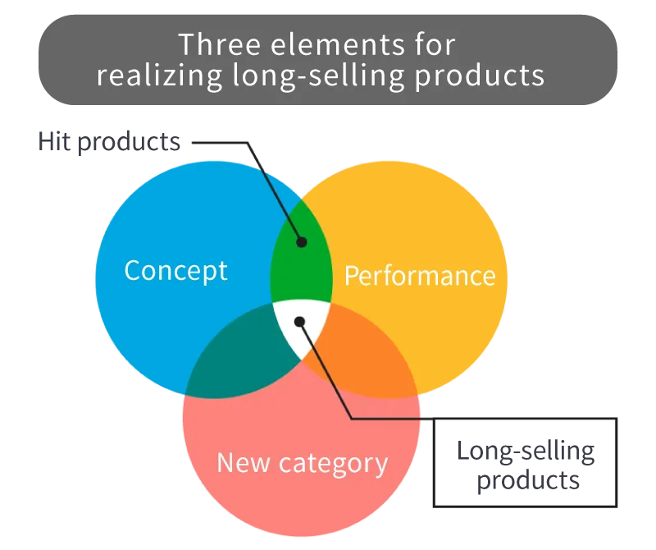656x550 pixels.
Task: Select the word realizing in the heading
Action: click(149, 76)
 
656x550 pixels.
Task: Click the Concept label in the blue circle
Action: click(175, 270)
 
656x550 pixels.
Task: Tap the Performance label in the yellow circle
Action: click(420, 275)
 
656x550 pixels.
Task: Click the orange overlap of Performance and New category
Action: click(361, 349)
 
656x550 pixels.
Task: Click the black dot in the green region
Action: click(301, 242)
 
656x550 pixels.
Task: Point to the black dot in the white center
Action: click(300, 322)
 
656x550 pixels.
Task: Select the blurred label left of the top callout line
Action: click(111, 140)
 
